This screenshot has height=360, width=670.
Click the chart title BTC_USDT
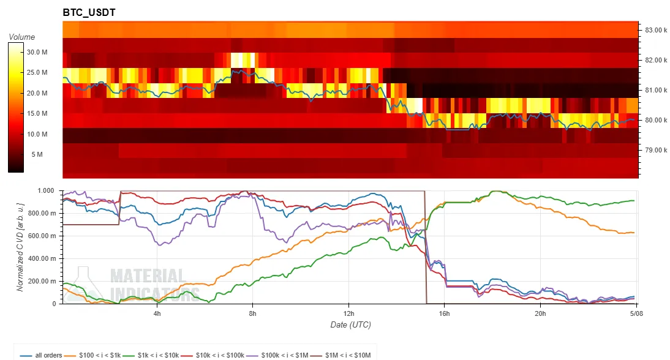tap(89, 12)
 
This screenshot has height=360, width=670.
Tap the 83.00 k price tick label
tap(656, 30)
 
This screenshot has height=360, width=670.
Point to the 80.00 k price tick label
tap(656, 120)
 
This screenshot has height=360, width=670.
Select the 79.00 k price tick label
tap(656, 150)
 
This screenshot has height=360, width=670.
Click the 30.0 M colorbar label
tap(37, 52)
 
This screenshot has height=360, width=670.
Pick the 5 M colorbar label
tap(37, 154)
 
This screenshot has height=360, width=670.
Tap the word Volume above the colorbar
tap(22, 37)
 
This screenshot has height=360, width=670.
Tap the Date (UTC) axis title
tap(350, 325)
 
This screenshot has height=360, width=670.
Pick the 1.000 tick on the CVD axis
tap(47, 190)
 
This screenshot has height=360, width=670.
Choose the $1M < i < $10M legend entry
tap(341, 355)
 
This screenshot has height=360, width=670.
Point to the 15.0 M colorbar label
tap(37, 113)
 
